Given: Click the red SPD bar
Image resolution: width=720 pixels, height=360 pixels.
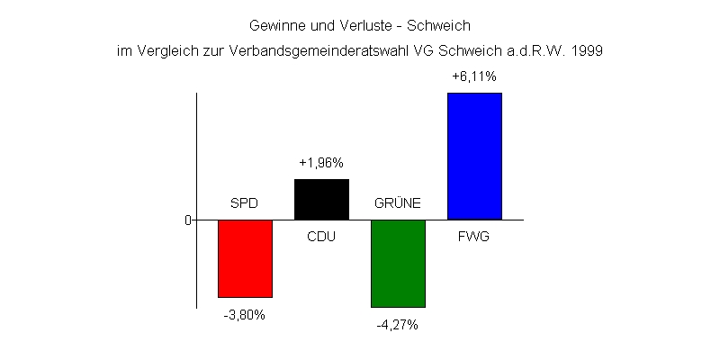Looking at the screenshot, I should pyautogui.click(x=245, y=258).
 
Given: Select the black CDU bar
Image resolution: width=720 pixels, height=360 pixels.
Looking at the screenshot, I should pyautogui.click(x=321, y=199).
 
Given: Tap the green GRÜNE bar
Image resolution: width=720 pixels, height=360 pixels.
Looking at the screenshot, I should pyautogui.click(x=398, y=263).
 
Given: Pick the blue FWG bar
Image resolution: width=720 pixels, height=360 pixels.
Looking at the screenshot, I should pyautogui.click(x=474, y=156).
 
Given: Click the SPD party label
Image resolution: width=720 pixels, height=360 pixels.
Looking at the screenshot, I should pyautogui.click(x=244, y=203).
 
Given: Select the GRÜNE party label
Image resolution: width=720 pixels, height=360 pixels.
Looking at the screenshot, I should pyautogui.click(x=398, y=203).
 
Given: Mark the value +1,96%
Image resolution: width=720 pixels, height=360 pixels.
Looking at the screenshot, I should pyautogui.click(x=321, y=163).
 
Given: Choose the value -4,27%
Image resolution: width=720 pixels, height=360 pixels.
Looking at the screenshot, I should pyautogui.click(x=398, y=325).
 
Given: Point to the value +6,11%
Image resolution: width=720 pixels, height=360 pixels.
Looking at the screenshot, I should pyautogui.click(x=473, y=77).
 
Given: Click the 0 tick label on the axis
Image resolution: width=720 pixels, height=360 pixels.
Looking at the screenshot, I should pyautogui.click(x=188, y=220).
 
